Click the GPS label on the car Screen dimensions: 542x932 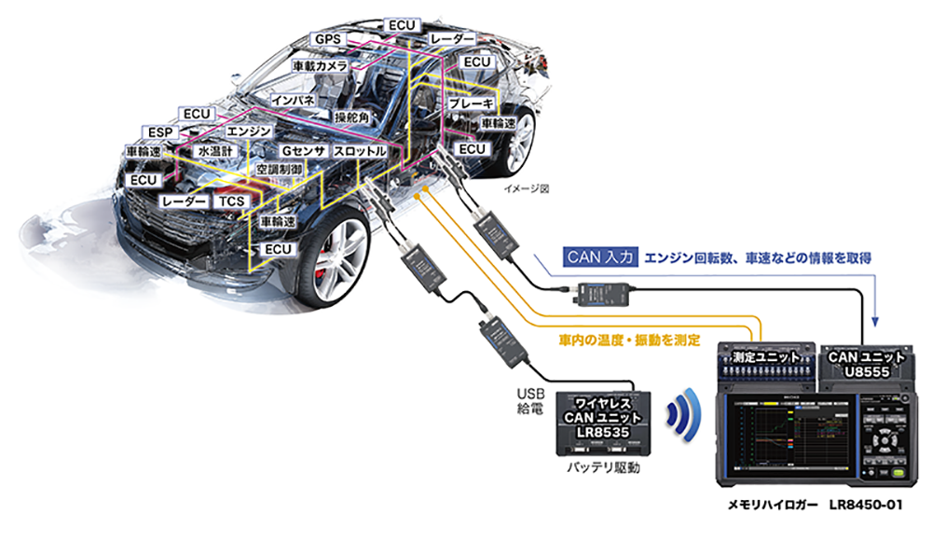point(328,39)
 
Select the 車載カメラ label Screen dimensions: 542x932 point(320,67)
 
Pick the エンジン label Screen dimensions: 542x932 point(249,132)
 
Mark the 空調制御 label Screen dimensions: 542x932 point(281,172)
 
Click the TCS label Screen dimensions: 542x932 point(229,201)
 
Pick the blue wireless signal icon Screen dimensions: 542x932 point(684,414)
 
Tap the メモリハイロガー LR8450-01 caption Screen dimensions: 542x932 point(815,506)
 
